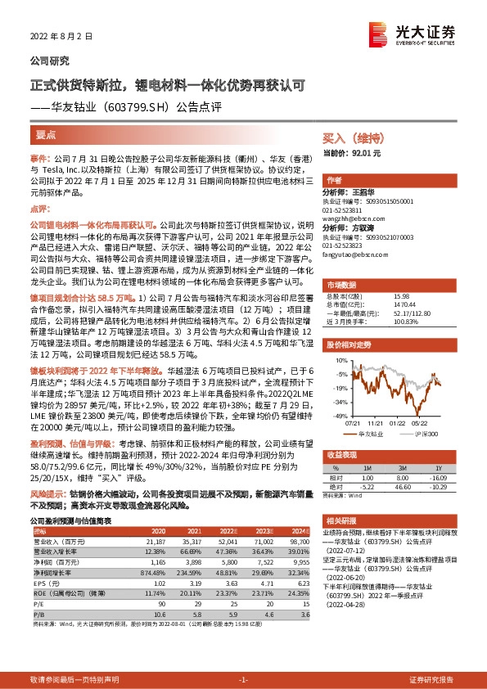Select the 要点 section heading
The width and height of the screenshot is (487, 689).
(47, 135)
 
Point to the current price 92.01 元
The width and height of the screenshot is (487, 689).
(353, 153)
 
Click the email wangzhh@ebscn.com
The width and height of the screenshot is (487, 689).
(352, 218)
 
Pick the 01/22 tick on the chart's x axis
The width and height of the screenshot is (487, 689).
(397, 424)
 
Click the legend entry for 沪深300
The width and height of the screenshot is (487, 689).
(424, 434)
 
